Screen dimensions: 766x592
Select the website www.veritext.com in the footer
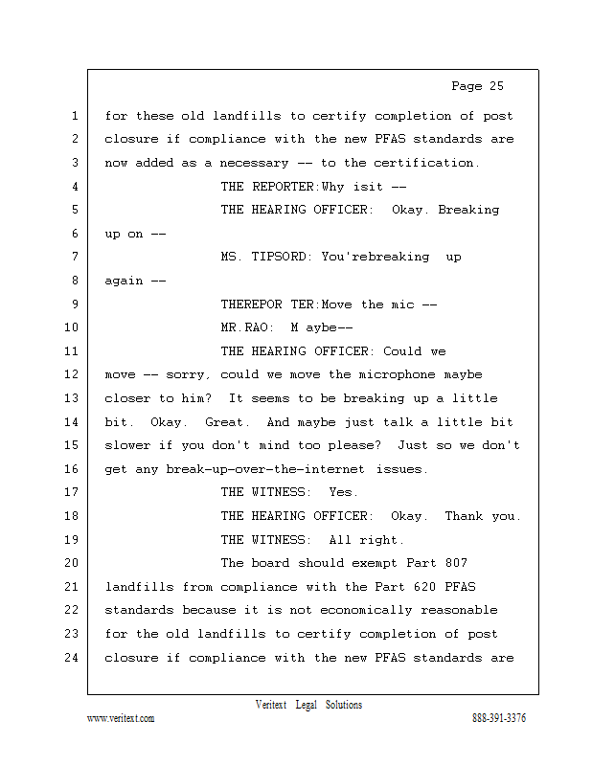[x=120, y=718]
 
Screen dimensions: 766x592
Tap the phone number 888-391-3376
[x=498, y=718]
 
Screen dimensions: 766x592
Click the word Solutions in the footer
[x=344, y=705]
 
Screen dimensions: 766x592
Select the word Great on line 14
[x=223, y=421]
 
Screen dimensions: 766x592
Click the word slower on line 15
[x=127, y=445]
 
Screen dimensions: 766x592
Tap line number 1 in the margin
[x=74, y=116]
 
